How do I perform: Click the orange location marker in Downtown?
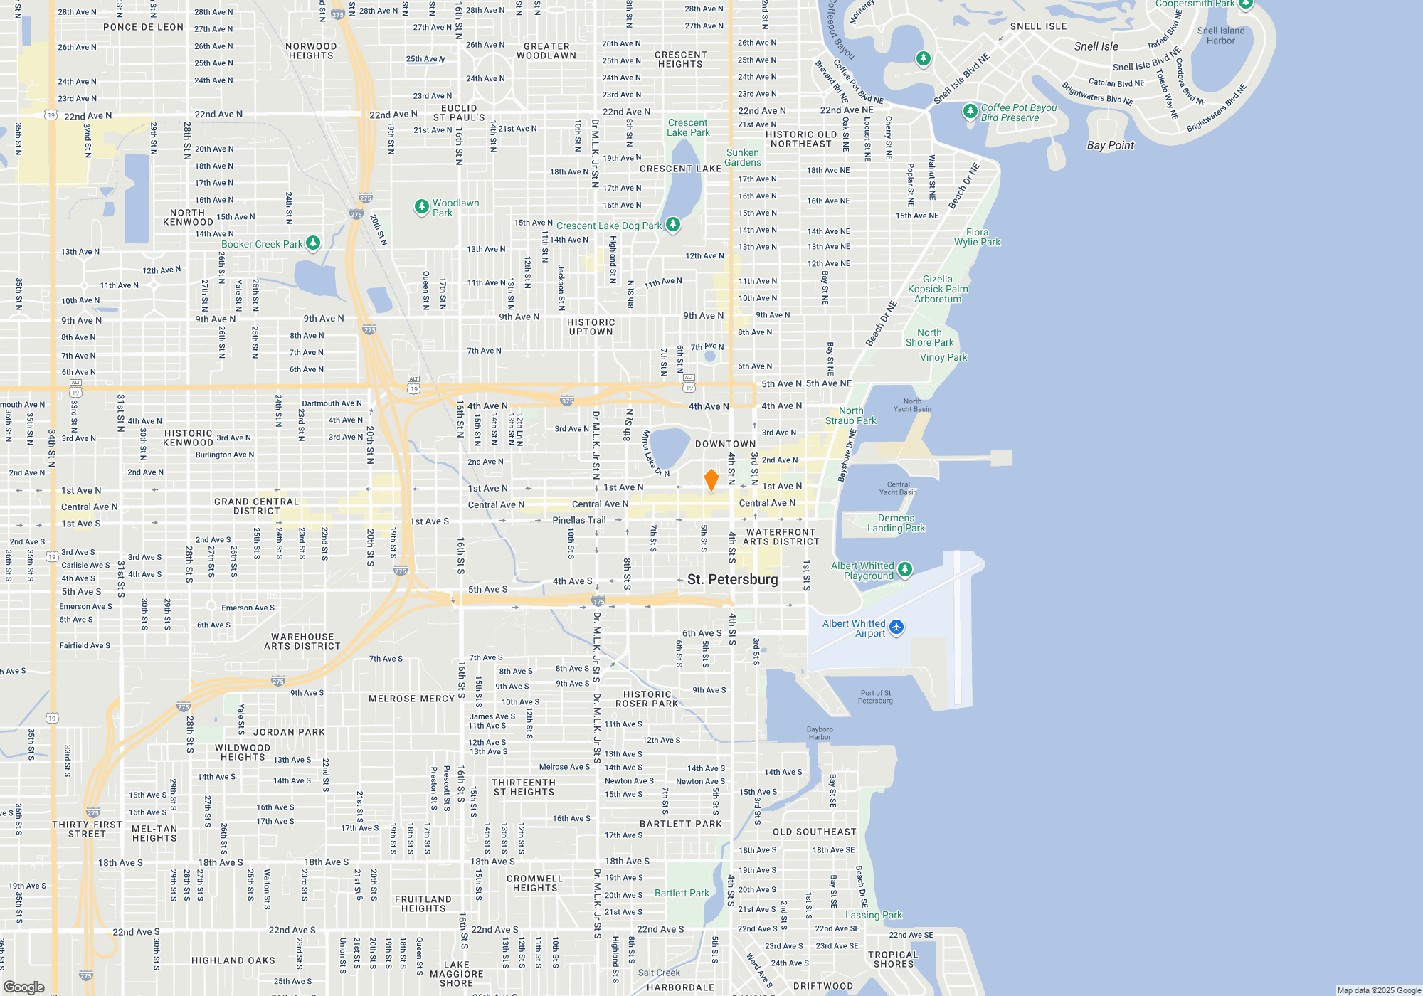click(x=711, y=480)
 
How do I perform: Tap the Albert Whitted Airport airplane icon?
click(x=896, y=627)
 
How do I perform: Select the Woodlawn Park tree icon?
click(x=421, y=206)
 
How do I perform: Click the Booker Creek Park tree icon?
click(x=312, y=243)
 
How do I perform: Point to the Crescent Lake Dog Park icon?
click(x=672, y=225)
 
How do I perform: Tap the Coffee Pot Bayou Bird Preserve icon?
click(x=970, y=112)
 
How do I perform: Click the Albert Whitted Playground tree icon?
click(x=904, y=568)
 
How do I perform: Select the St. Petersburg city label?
click(x=732, y=579)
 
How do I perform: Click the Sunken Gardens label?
click(x=743, y=157)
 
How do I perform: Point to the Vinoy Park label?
click(x=943, y=357)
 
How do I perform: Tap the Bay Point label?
click(x=1110, y=145)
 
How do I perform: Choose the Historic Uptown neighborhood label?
click(x=591, y=327)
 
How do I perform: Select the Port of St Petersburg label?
click(x=875, y=696)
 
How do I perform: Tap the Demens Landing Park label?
click(x=896, y=523)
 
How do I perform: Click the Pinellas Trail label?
click(x=579, y=520)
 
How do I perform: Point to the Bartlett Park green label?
click(x=682, y=893)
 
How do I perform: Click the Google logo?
click(x=24, y=987)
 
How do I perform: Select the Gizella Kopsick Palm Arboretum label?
click(x=938, y=289)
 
